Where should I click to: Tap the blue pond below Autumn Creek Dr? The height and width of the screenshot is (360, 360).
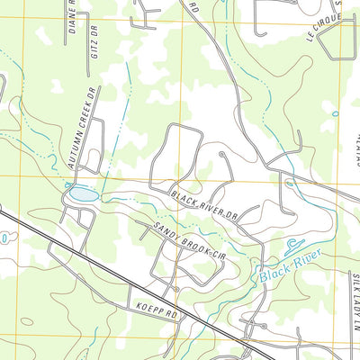point(82,194)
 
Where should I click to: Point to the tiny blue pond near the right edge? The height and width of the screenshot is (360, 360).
point(335,113)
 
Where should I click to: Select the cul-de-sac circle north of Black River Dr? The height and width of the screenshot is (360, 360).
point(222,155)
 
